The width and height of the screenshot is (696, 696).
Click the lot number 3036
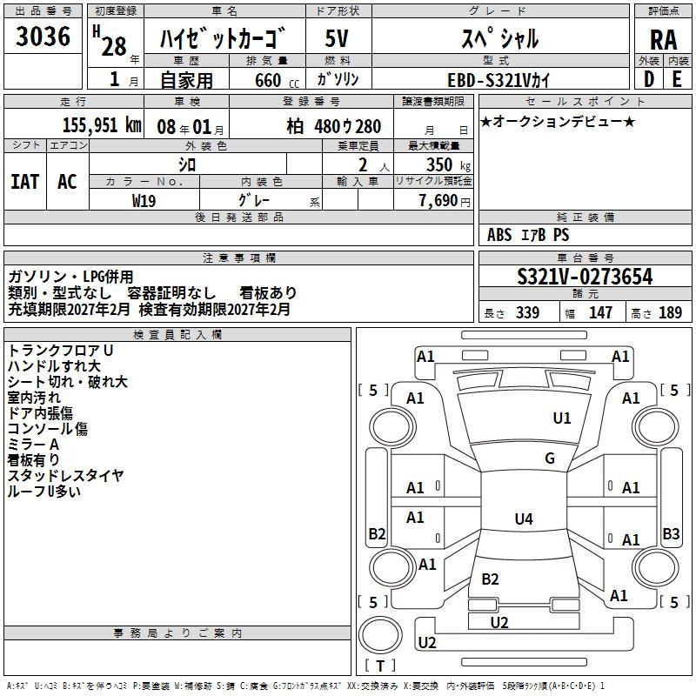43,37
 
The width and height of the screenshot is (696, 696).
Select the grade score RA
663,38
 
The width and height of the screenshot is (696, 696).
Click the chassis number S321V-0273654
585,277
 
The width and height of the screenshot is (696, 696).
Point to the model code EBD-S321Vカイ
500,79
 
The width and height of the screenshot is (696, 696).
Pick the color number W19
144,200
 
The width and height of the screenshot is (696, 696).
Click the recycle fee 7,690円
444,201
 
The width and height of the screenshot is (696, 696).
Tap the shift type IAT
25,180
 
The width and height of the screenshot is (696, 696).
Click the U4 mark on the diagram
523,519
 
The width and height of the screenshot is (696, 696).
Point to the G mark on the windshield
549,458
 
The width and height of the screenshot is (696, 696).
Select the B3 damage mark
671,533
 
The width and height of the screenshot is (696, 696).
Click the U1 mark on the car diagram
562,418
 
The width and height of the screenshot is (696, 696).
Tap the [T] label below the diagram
379,666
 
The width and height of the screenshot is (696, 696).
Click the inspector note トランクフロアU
61,350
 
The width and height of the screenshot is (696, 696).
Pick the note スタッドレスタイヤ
65,475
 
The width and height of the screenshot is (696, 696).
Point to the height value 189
670,312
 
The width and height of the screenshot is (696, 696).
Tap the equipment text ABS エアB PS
527,234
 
